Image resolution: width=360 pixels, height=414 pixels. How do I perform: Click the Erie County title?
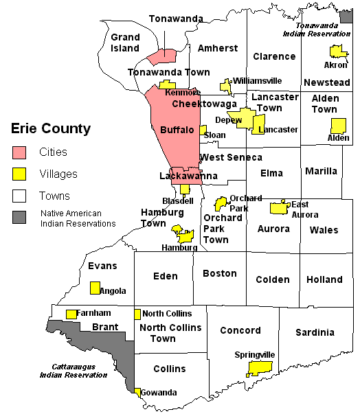point(50,128)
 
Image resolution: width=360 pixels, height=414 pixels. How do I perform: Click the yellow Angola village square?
point(95,288)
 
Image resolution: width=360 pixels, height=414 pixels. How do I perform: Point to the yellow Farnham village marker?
point(71,314)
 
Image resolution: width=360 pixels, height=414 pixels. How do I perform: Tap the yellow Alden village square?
point(338,126)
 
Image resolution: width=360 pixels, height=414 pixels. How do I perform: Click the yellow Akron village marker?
point(337,51)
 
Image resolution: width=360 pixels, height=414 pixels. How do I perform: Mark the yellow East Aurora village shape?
point(278,207)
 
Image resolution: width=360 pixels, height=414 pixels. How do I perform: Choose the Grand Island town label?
point(125,43)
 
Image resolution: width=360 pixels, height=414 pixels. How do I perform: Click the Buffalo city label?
point(177,130)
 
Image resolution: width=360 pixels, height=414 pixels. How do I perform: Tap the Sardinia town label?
point(315,332)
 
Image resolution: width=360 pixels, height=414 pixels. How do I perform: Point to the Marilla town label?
point(322,170)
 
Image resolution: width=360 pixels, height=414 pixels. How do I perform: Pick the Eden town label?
point(165,276)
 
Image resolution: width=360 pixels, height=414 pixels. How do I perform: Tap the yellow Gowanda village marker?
point(137,393)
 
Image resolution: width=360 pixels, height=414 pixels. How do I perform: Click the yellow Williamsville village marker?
point(225,85)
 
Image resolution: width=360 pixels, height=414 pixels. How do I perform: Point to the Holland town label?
point(324,279)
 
